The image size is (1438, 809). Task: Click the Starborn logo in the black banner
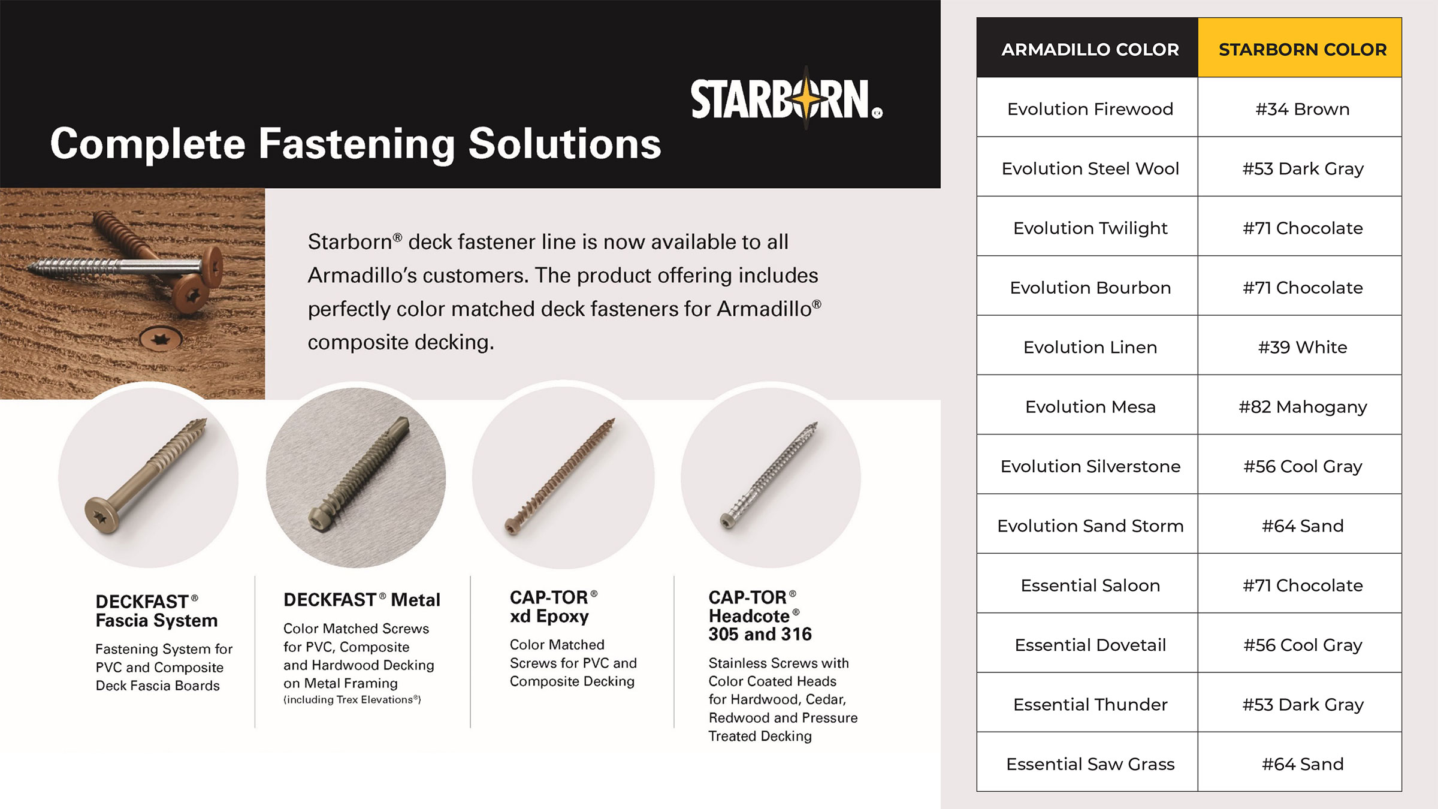tap(787, 99)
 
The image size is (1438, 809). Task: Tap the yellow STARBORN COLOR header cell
tap(1300, 47)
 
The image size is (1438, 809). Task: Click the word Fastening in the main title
tap(357, 144)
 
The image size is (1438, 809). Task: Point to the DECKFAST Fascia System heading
tap(156, 611)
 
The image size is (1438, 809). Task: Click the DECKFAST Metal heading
tap(361, 599)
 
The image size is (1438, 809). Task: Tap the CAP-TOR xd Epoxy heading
tap(553, 606)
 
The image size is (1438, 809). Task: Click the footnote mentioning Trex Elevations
tap(352, 699)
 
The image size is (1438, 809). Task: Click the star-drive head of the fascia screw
tap(102, 514)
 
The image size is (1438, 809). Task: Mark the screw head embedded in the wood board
tap(161, 340)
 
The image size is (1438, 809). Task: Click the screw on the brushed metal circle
tap(359, 473)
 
